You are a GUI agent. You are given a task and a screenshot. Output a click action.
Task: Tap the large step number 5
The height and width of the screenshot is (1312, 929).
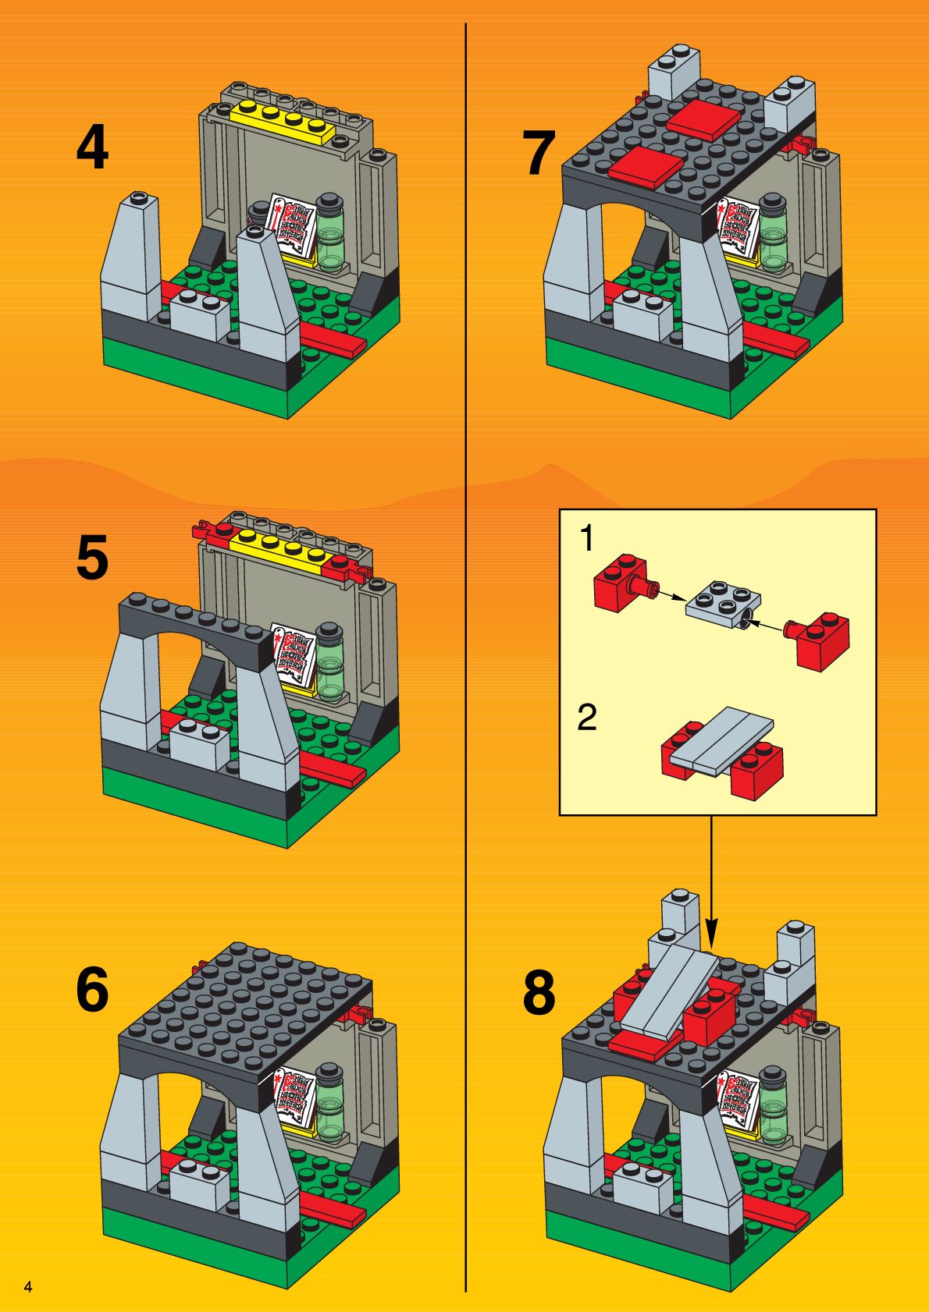click(x=92, y=558)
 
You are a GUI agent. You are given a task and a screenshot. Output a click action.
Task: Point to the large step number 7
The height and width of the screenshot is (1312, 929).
click(x=539, y=154)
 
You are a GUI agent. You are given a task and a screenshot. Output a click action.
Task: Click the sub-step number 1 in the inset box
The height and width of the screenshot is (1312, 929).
click(x=586, y=539)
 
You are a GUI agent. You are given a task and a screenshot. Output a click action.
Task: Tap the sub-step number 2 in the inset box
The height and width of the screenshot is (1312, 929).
click(x=587, y=718)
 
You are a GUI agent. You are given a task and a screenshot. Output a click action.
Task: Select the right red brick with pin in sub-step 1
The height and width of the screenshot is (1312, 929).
click(x=823, y=637)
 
